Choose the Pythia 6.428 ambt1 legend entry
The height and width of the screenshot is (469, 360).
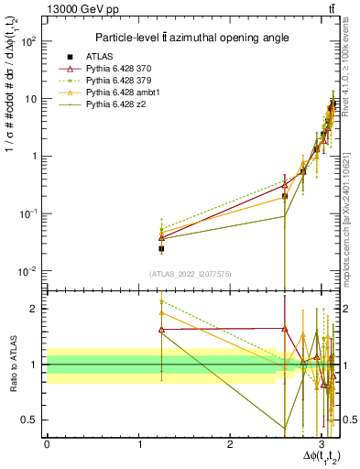(x=125, y=93)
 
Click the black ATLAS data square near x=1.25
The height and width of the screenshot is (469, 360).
(x=161, y=248)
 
